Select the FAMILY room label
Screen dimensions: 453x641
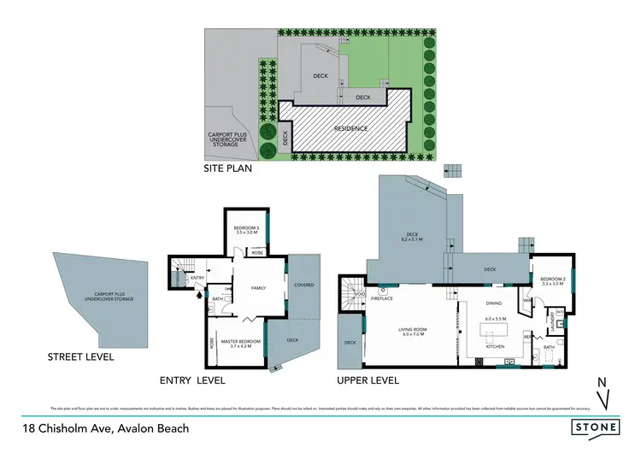(259, 288)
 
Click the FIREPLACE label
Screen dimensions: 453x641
(381, 299)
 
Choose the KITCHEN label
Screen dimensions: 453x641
(496, 346)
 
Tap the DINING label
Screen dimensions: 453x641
(494, 302)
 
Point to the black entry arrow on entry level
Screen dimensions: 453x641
(201, 297)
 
